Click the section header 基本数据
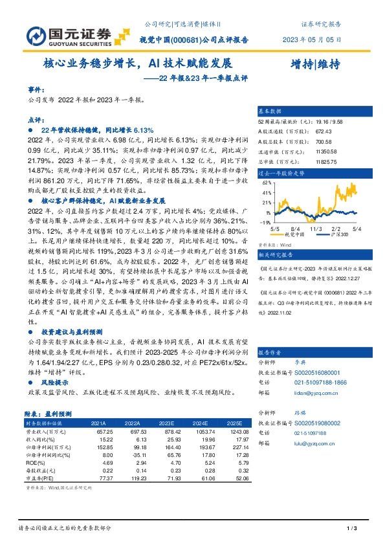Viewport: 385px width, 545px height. click(x=270, y=111)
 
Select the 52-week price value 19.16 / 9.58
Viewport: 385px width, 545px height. click(x=330, y=122)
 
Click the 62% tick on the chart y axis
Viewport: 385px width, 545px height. click(x=267, y=183)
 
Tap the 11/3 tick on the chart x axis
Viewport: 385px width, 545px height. click(x=316, y=228)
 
